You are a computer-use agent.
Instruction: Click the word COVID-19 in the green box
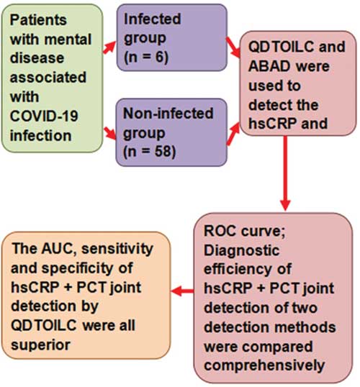coord(44,116)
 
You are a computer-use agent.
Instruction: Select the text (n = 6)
coord(146,57)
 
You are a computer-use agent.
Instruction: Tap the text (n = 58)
coord(149,151)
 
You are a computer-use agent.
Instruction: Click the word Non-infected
coord(168,113)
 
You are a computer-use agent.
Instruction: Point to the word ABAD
coord(269,66)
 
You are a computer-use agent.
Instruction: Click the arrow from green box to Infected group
coord(109,47)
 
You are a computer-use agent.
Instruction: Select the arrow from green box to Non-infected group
coord(109,133)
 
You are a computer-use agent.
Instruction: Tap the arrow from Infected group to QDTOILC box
coord(233,47)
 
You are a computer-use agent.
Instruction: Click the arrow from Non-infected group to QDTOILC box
coord(233,134)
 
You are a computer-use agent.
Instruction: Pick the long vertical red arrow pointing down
coord(285,173)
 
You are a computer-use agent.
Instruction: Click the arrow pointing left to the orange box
coord(182,291)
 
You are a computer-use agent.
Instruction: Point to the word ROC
coord(220,231)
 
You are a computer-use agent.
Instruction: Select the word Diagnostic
coord(242,250)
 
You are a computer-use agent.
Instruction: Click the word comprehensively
coord(264,365)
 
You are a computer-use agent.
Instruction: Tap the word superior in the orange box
coord(40,345)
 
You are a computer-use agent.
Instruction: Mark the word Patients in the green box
coord(38,19)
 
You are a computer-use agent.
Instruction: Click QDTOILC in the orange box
coord(44,326)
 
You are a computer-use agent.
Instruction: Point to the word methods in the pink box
coord(305,327)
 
